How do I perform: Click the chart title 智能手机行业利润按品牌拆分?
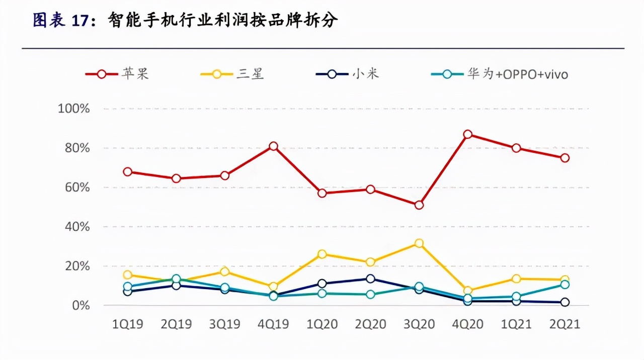pyautogui.click(x=221, y=21)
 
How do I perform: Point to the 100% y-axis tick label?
pyautogui.click(x=73, y=109)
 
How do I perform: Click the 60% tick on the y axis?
pyautogui.click(x=77, y=188)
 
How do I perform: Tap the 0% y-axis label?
pyautogui.click(x=80, y=306)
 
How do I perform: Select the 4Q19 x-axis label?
pyautogui.click(x=273, y=324)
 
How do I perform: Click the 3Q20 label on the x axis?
pyautogui.click(x=419, y=324)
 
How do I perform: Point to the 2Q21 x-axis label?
pyautogui.click(x=565, y=324)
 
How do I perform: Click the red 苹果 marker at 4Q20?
pyautogui.click(x=468, y=134)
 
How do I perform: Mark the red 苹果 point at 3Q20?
pyautogui.click(x=419, y=205)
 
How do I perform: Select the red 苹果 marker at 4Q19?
pyautogui.click(x=273, y=146)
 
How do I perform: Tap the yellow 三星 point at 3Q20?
pyautogui.click(x=419, y=243)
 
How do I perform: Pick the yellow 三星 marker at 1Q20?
pyautogui.click(x=322, y=254)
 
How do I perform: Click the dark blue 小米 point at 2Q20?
pyautogui.click(x=370, y=279)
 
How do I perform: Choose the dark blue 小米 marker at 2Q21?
pyautogui.click(x=565, y=302)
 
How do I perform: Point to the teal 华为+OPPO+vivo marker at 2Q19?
pyautogui.click(x=176, y=279)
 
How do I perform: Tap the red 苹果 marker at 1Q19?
pyautogui.click(x=127, y=172)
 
